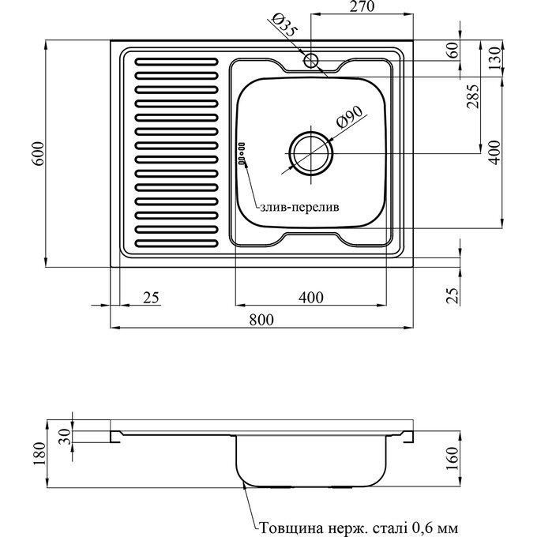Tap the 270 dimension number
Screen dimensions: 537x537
click(x=359, y=7)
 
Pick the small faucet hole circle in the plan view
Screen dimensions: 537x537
click(x=310, y=59)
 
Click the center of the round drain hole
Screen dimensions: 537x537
click(x=310, y=152)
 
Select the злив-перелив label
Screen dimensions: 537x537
click(x=299, y=208)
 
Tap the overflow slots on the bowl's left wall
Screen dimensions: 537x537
click(x=242, y=153)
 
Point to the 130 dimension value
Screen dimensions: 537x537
click(x=494, y=58)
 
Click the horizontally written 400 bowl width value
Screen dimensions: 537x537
click(x=312, y=298)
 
